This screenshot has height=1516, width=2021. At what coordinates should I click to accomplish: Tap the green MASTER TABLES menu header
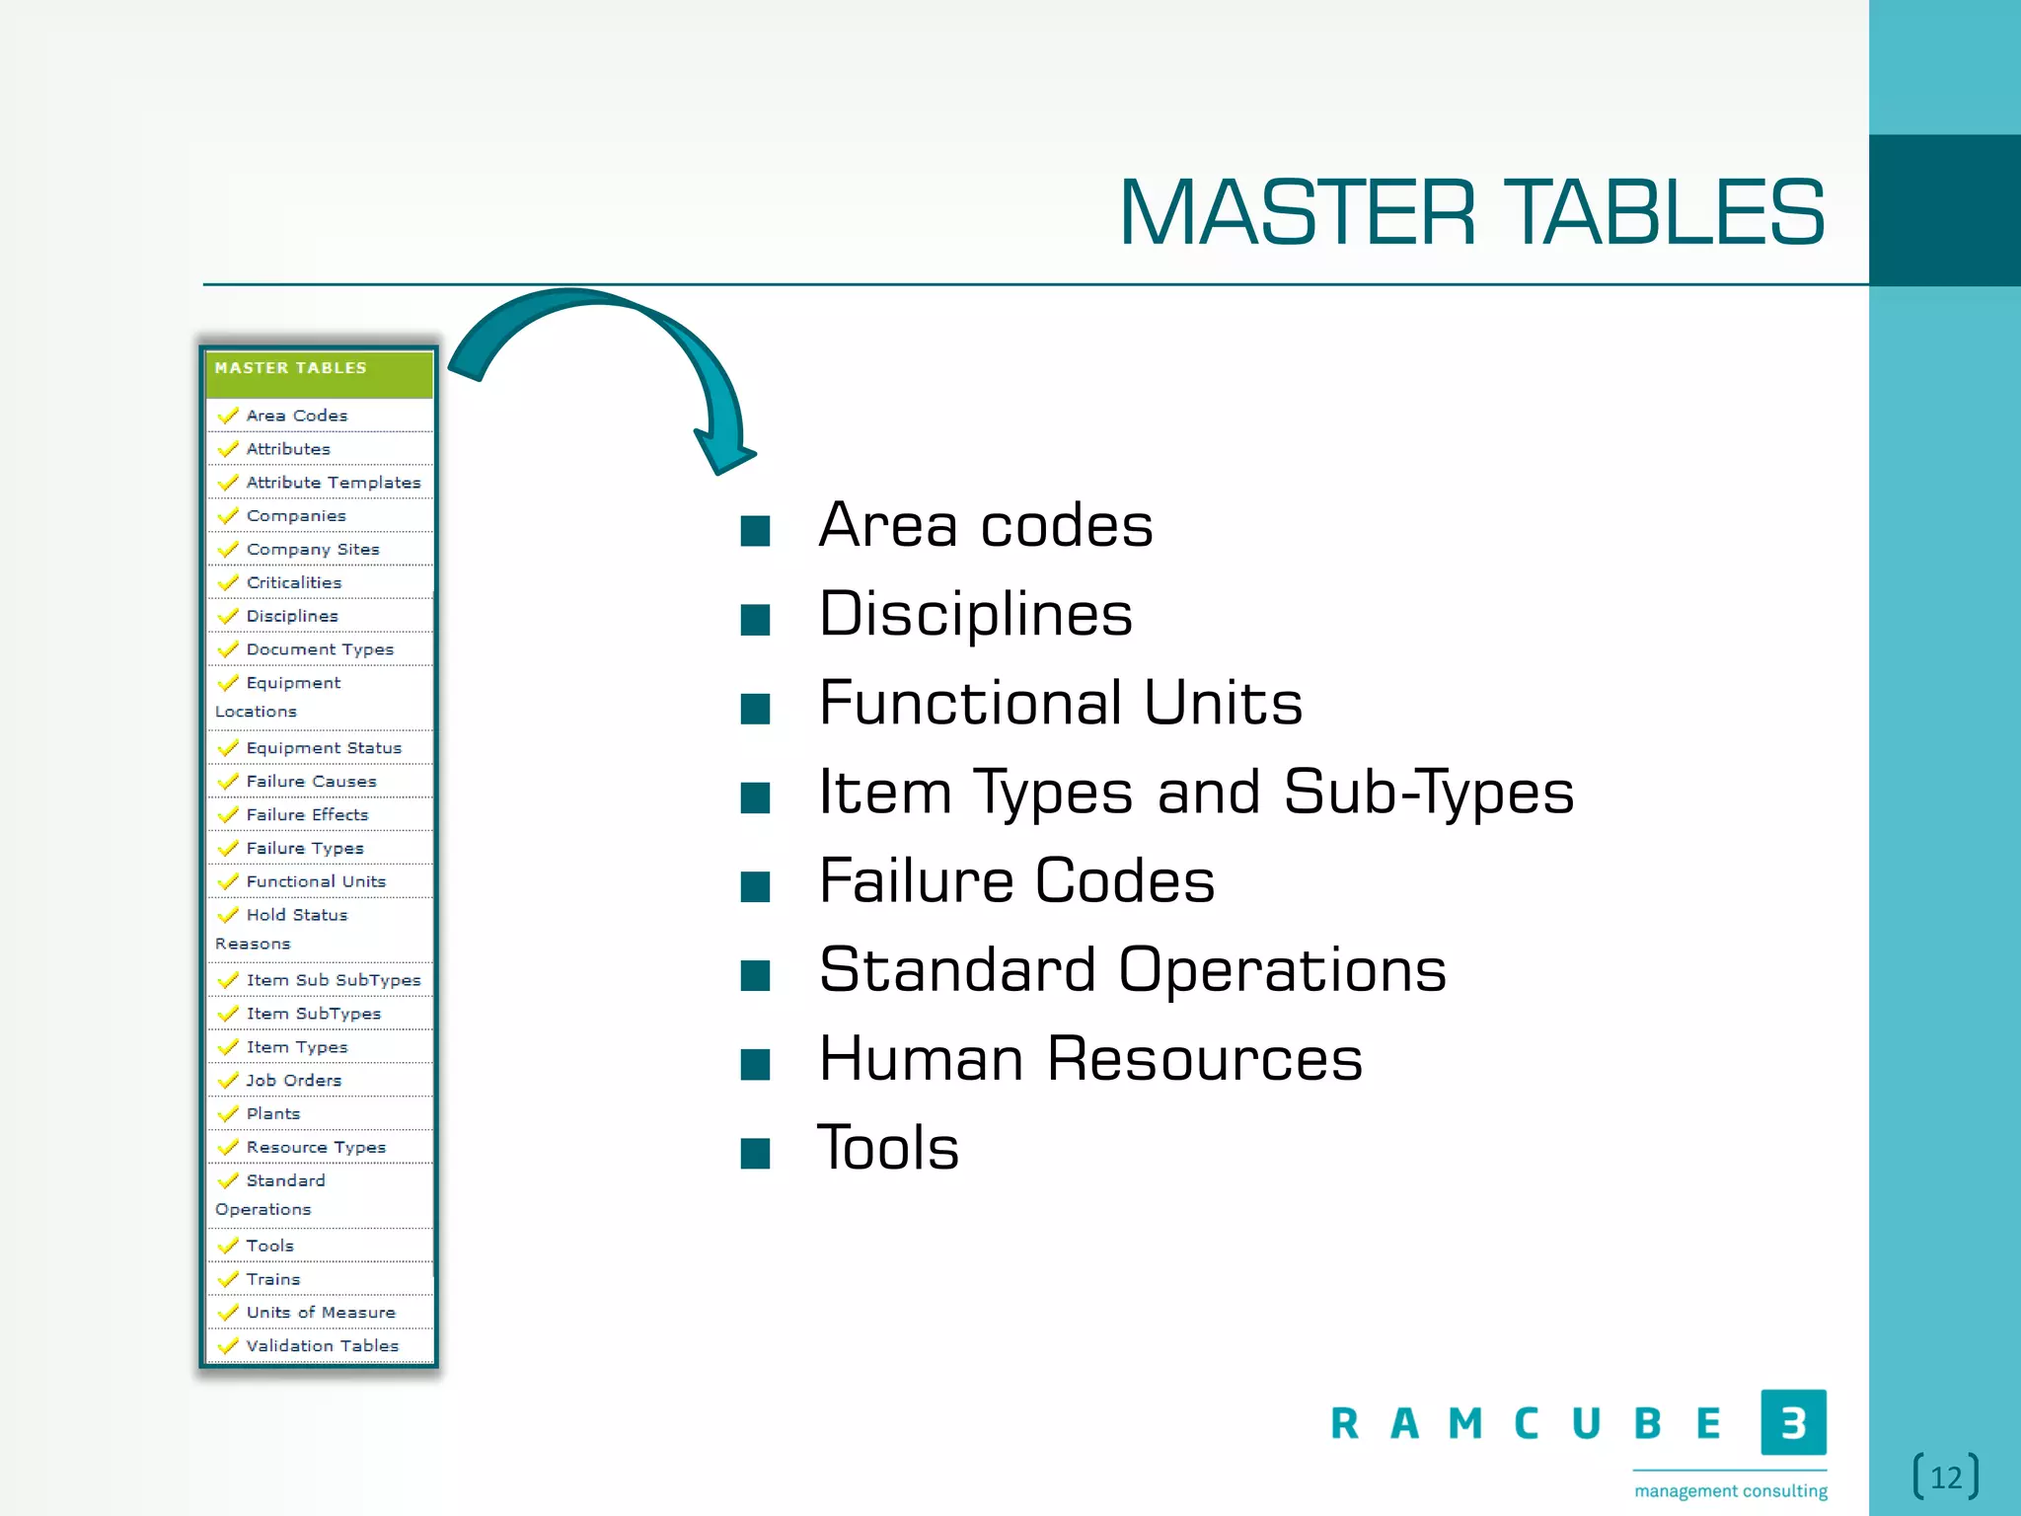[319, 369]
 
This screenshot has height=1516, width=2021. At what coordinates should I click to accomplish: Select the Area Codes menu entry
[297, 416]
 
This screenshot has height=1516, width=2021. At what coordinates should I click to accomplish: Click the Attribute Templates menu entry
[333, 483]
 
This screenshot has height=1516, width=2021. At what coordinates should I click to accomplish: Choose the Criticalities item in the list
[293, 582]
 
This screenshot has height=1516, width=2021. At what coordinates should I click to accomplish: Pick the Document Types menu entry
[320, 649]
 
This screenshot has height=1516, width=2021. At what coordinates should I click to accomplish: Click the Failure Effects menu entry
[307, 815]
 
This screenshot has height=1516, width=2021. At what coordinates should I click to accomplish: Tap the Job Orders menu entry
[293, 1081]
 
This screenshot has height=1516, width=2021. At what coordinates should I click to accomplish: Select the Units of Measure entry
[321, 1313]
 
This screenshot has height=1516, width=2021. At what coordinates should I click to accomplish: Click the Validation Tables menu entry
[322, 1346]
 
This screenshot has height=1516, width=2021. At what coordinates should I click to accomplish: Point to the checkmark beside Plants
[228, 1114]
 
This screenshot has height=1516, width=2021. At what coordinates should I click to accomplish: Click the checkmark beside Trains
[228, 1279]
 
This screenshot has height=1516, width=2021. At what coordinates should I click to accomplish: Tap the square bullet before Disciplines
[755, 620]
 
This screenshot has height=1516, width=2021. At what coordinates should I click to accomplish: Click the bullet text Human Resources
[1090, 1059]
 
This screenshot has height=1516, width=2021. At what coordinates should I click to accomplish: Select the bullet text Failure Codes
[1016, 880]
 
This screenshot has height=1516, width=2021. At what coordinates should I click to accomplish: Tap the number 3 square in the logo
[1793, 1422]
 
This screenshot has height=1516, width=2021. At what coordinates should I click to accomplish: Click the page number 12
[1946, 1478]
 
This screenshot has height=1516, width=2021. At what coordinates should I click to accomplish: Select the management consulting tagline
[1730, 1490]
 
